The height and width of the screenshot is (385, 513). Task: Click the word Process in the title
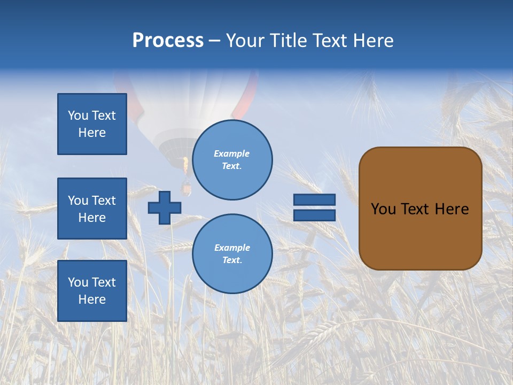coord(168,41)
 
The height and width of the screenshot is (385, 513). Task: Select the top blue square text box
coord(92,124)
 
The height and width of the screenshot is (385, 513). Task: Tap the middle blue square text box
coord(92,209)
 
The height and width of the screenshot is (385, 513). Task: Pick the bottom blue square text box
coord(92,291)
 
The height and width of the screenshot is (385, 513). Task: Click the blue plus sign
coord(164,208)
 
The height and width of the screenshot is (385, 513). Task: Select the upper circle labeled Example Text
coord(232,160)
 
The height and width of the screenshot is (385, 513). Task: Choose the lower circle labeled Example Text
coord(232,253)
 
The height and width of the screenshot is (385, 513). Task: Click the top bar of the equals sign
coord(314,199)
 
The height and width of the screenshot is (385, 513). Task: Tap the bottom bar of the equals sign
coord(314,215)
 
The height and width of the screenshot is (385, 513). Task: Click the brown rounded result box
coord(421,209)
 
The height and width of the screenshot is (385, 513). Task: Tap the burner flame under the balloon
coord(185,165)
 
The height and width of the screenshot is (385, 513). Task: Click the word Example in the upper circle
coord(231,154)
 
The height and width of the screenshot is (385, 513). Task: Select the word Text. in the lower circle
coord(232,260)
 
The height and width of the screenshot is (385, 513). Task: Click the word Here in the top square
coord(92,133)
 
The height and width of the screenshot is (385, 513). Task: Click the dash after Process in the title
coord(215,42)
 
